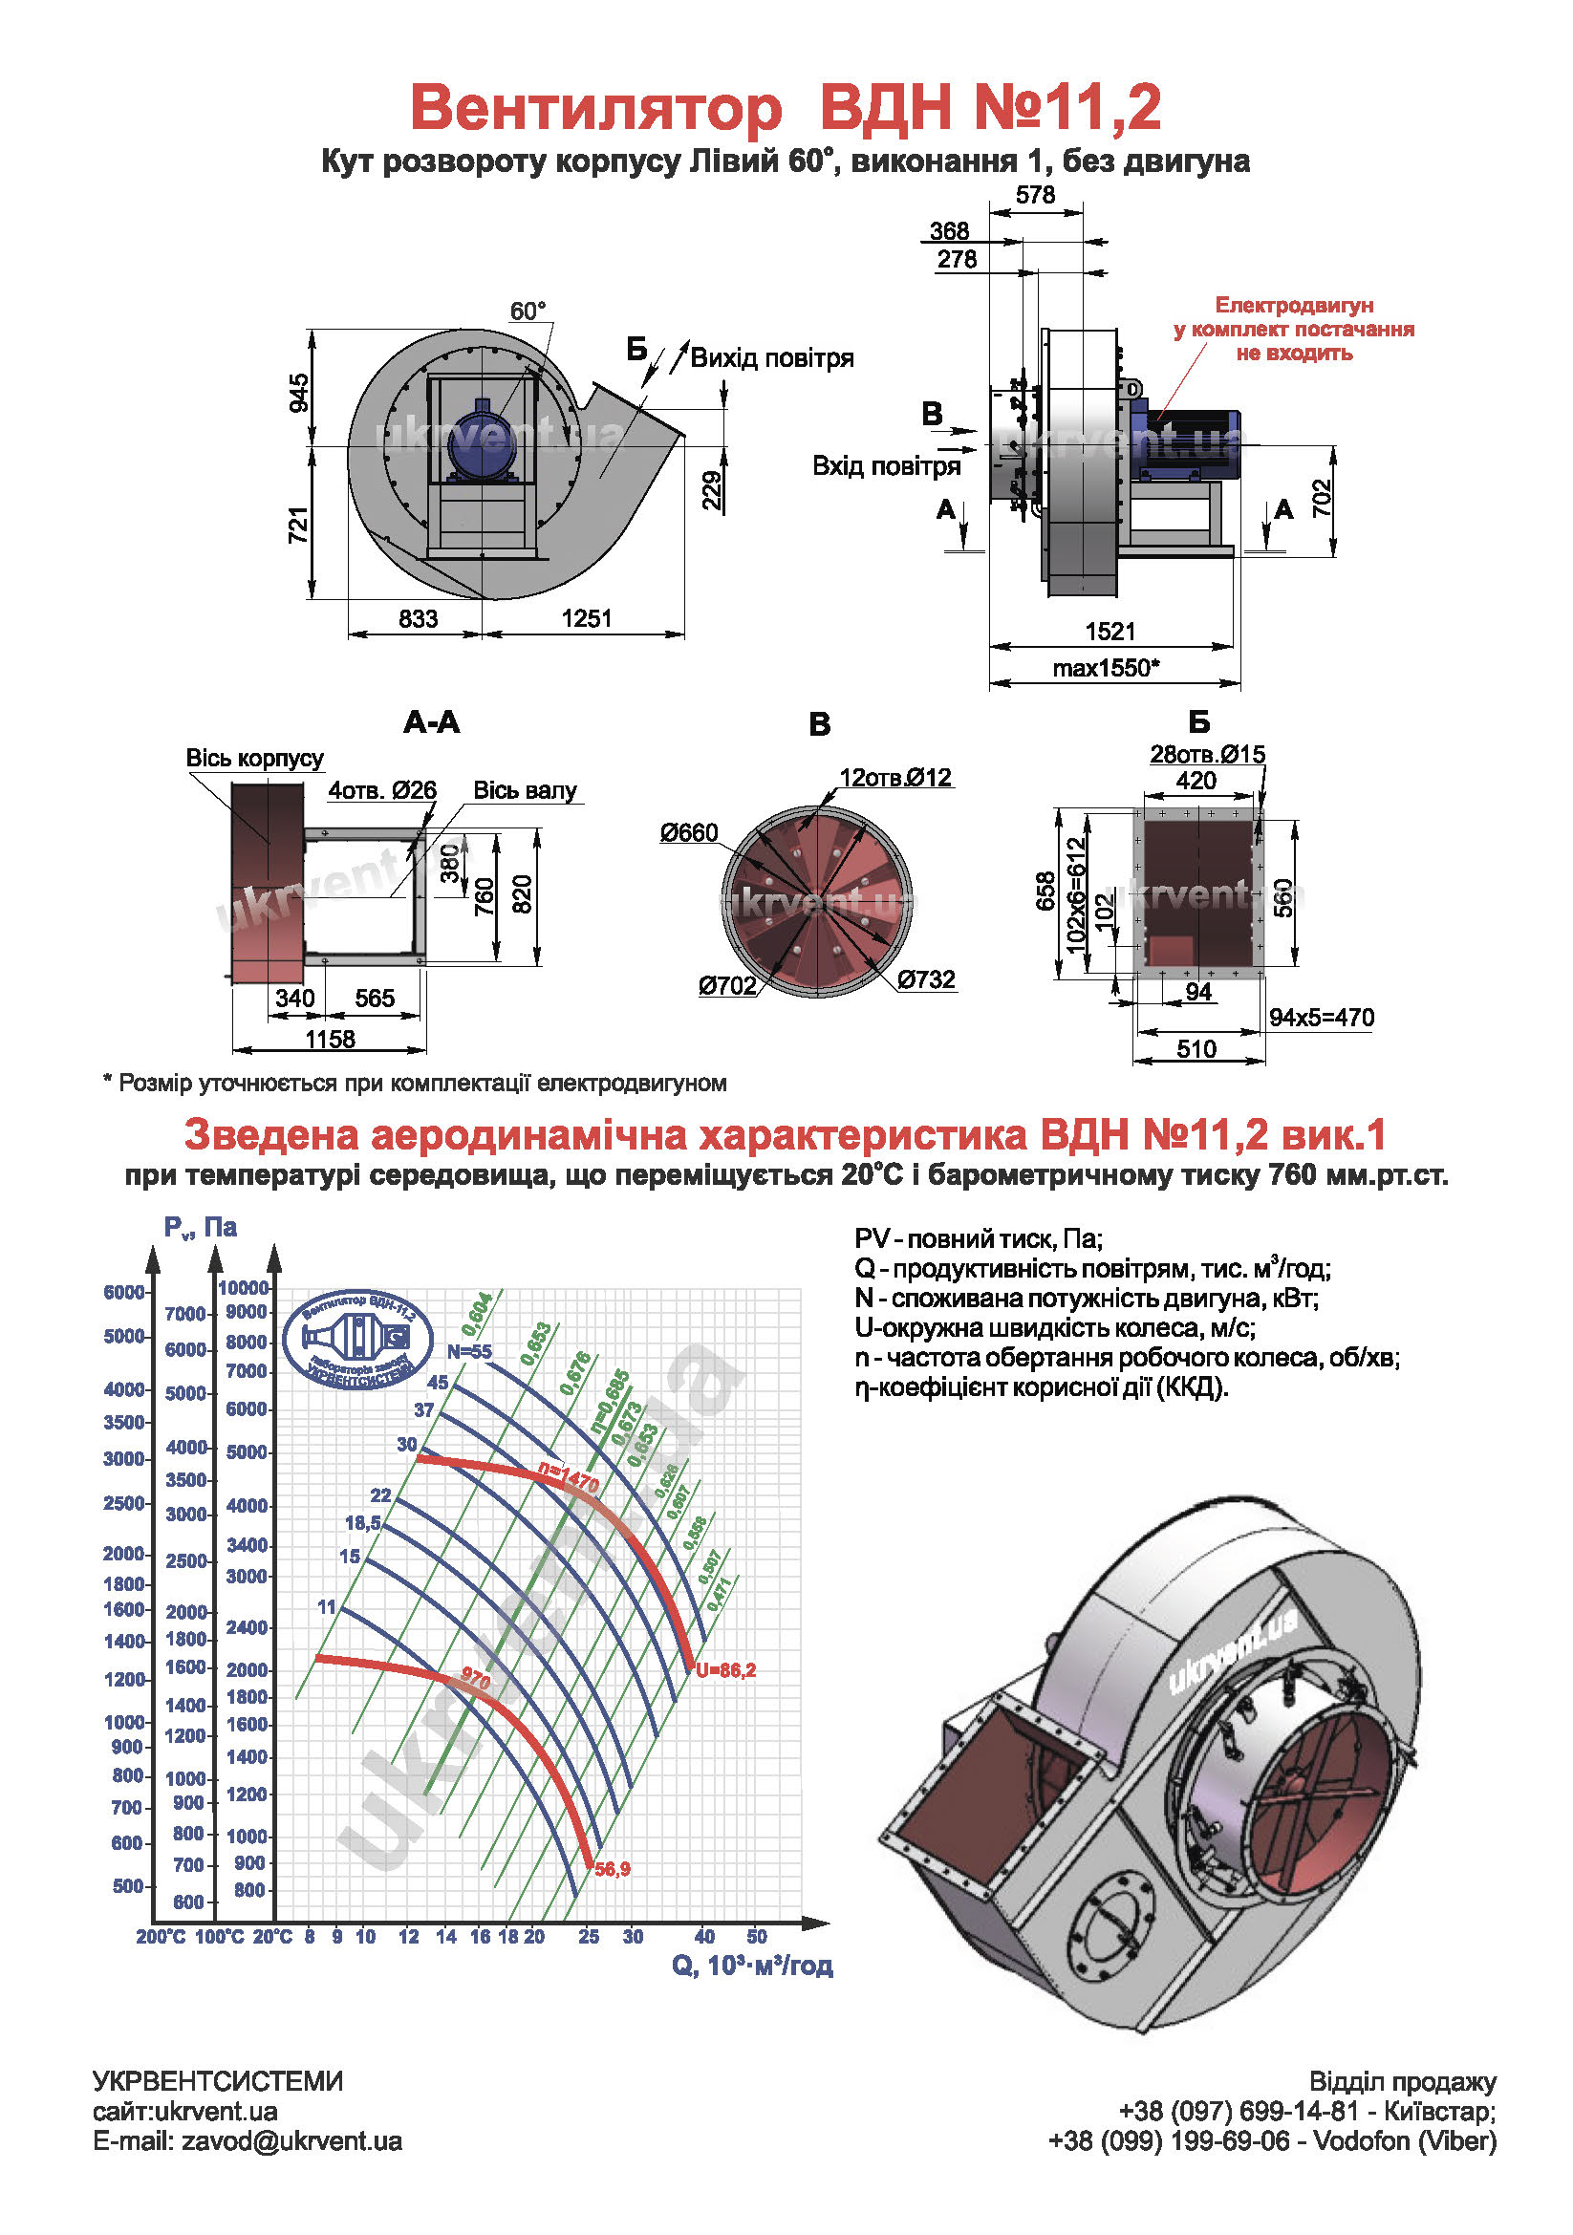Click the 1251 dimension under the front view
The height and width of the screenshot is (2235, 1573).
coord(586,618)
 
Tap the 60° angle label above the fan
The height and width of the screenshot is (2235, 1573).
coord(528,312)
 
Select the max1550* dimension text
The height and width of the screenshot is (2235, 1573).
coord(1106,668)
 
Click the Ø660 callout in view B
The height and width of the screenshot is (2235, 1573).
coord(688,832)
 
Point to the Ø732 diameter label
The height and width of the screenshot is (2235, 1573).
coord(926,979)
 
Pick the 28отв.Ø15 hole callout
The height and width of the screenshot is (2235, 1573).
coord(1207,753)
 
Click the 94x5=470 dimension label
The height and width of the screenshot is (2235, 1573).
coord(1321,1018)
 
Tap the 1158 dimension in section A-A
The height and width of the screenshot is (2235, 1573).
coord(330,1039)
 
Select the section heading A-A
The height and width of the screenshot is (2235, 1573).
coord(431,722)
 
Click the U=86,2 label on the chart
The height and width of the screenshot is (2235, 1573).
coord(726,1669)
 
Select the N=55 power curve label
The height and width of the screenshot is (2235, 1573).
coord(469,1351)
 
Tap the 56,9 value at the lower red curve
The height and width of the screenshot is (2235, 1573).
coord(613,1868)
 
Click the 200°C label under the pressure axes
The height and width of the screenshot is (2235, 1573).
coord(161,1936)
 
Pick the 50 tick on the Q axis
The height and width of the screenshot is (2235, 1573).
coord(756,1936)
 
